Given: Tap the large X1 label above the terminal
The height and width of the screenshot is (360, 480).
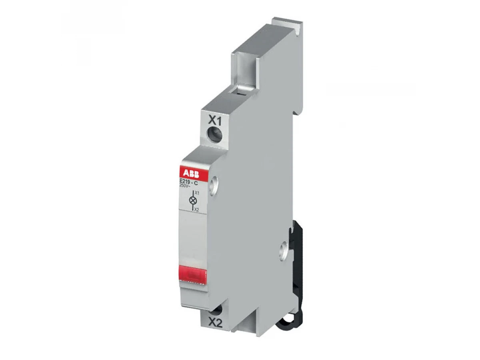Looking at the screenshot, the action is click(214, 121).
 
